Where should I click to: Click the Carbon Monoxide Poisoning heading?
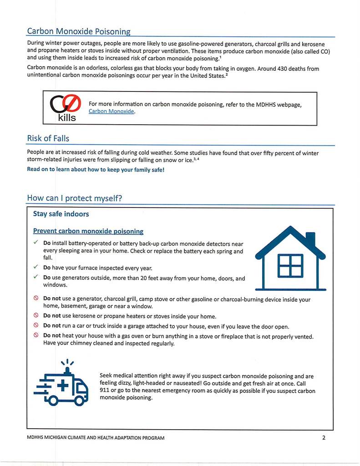[x=79, y=31]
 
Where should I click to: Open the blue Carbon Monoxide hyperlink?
[x=112, y=111]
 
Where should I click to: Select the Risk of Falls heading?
[x=48, y=138]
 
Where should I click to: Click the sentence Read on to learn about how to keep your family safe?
[x=95, y=169]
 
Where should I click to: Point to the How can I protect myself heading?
[x=75, y=198]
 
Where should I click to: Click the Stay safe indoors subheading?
[x=61, y=214]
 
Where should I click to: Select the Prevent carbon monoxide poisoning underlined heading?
[x=88, y=231]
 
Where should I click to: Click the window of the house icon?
[x=290, y=265]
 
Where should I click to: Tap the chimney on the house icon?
[x=310, y=239]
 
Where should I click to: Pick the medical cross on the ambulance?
[x=61, y=386]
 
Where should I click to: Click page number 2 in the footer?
[x=324, y=438]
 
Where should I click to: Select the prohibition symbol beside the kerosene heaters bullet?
[x=35, y=316]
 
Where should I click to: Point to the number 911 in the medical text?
[x=105, y=391]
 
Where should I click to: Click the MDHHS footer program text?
[x=96, y=438]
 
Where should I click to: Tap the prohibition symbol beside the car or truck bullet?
[x=35, y=326]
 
